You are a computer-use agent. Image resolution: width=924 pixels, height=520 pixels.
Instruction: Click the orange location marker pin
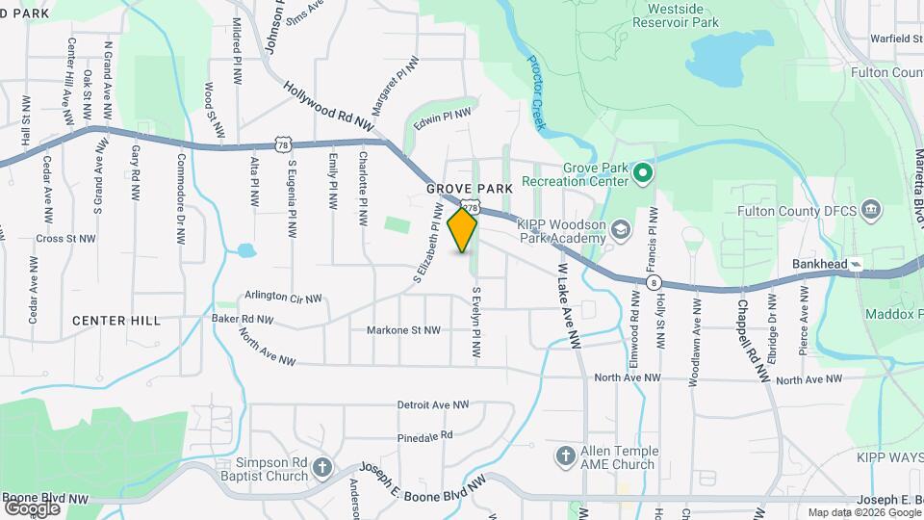pos(463,230)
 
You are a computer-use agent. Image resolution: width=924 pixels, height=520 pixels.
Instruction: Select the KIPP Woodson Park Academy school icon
pos(621,229)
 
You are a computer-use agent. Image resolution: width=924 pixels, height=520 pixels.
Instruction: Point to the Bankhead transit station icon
pos(856,264)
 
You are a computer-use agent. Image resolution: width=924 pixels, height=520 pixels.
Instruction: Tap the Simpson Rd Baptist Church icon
pos(322,468)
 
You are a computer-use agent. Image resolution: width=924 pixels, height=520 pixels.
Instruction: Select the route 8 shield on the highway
pos(654,282)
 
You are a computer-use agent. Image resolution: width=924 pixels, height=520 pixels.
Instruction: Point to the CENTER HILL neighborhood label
pos(115,320)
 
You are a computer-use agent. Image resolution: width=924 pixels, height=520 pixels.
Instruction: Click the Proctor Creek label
pos(536,93)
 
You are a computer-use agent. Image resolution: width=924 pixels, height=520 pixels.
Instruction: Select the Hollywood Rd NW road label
pos(328,106)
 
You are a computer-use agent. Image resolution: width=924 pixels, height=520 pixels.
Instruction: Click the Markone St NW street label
pos(402,330)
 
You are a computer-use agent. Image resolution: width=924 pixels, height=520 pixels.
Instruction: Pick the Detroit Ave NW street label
pos(438,405)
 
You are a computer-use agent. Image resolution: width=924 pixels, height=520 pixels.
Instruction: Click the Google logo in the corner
pos(32,507)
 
